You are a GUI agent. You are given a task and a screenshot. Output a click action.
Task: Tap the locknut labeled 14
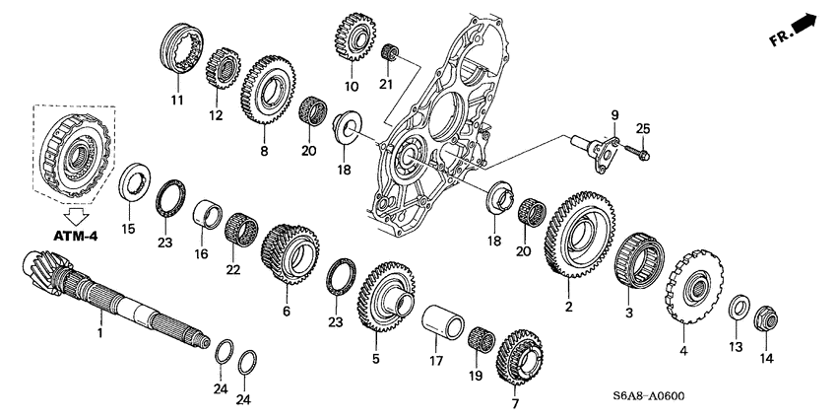click(x=766, y=319)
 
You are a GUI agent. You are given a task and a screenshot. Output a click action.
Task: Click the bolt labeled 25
click(x=637, y=152)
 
